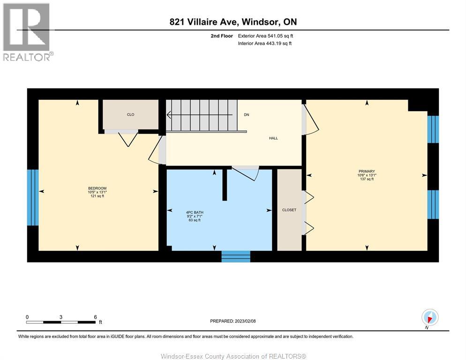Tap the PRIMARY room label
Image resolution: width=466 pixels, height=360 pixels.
pos(367,171)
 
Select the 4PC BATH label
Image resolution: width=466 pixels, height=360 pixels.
pos(195,212)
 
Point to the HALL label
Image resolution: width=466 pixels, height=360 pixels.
pos(273,138)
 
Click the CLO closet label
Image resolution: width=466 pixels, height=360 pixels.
pos(131,114)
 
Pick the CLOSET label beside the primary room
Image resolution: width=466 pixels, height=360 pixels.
pos(289,210)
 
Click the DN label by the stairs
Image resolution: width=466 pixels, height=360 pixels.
pos(246,114)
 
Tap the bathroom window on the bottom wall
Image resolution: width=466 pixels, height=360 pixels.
pos(236,256)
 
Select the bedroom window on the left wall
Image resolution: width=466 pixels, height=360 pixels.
pos(32,197)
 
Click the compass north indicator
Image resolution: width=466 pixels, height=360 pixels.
pos(430,317)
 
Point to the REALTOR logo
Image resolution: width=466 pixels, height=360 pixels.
pos(27,32)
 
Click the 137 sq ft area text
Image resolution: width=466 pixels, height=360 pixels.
pos(367,179)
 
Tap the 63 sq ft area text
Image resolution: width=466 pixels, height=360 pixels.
pos(195,220)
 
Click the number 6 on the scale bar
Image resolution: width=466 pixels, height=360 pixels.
pos(96,317)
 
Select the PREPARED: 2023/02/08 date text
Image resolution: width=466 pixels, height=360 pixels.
pos(233,321)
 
